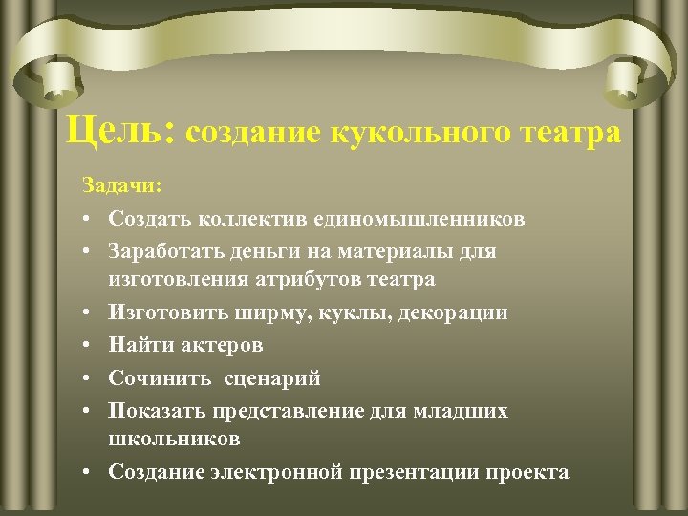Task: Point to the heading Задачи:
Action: tap(122, 185)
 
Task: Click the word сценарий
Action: tap(272, 377)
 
